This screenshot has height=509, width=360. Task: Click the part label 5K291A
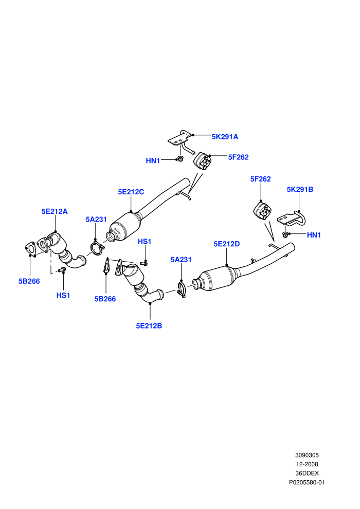225,137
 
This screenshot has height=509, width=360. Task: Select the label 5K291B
300,189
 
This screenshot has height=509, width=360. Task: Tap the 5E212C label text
131,192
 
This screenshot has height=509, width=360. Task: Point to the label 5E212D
227,244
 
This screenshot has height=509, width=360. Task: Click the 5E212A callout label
55,211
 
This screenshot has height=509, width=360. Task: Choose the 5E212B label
149,325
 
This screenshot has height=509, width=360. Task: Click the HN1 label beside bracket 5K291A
153,161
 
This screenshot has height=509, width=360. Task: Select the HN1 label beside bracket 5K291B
314,235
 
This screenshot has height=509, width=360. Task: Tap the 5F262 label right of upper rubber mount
238,157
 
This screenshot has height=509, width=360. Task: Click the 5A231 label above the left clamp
96,220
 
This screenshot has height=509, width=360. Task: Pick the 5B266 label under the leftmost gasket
29,281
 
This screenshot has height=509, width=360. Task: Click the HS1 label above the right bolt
145,242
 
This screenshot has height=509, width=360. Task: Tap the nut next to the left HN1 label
180,159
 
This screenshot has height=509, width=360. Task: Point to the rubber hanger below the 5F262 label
262,210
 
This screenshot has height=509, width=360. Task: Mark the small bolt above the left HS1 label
62,269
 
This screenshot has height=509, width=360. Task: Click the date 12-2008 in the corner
307,464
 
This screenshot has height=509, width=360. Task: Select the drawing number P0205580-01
307,482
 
